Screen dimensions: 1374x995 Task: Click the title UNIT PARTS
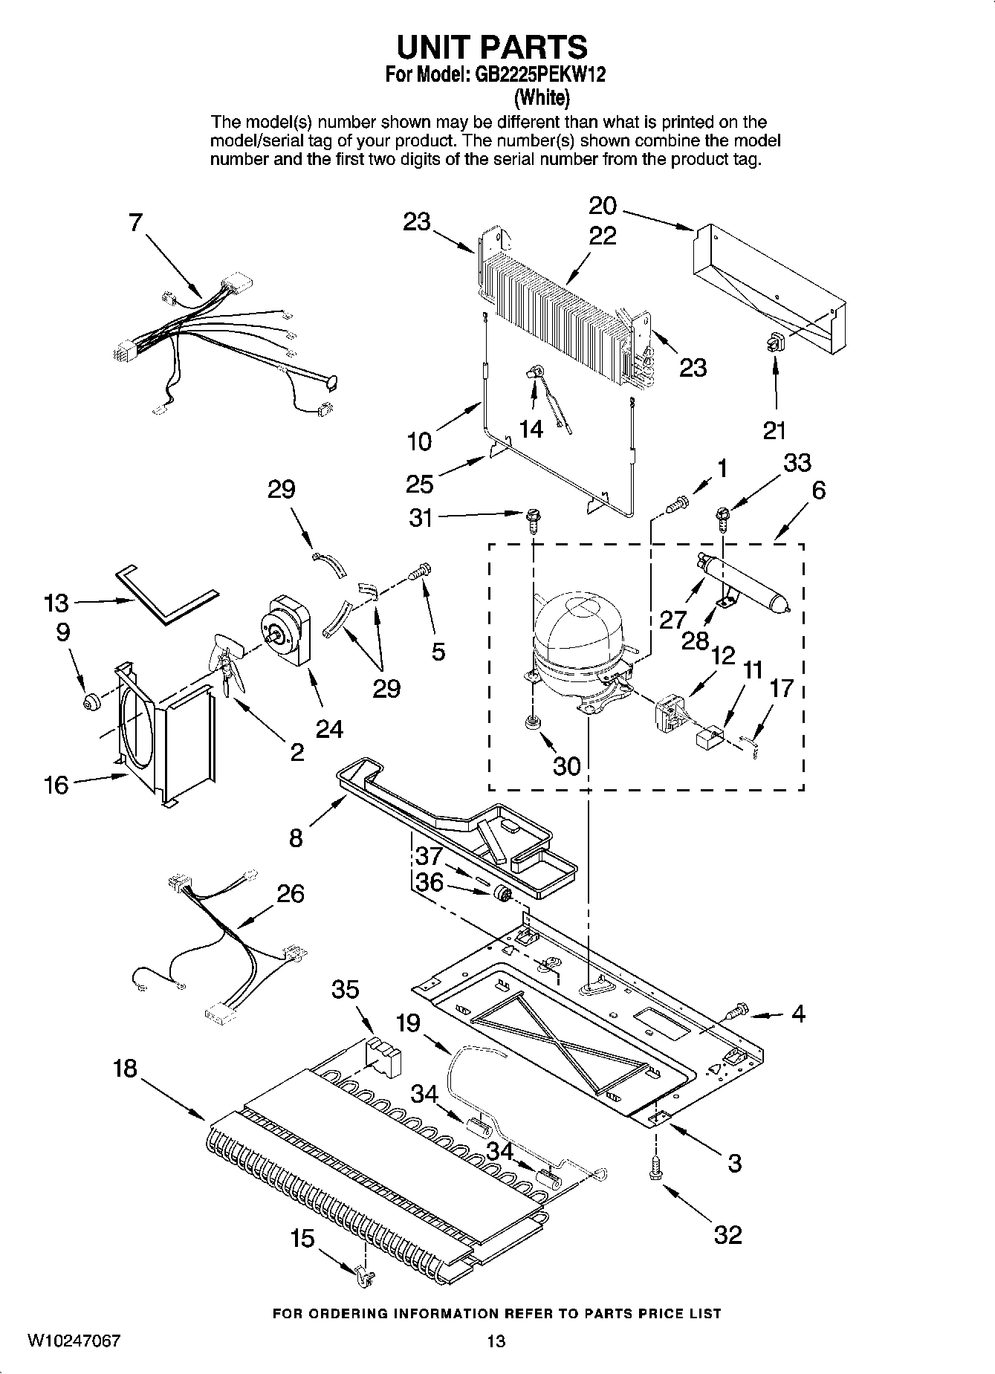point(492,47)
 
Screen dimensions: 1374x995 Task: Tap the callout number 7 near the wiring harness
point(134,222)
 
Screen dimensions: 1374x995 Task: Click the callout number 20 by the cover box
point(603,205)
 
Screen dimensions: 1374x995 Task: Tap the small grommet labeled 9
point(91,701)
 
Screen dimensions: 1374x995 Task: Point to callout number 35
point(346,989)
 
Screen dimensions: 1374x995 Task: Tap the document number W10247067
point(74,1341)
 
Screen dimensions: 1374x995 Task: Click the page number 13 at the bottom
point(496,1341)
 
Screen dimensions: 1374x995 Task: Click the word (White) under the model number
point(542,97)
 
